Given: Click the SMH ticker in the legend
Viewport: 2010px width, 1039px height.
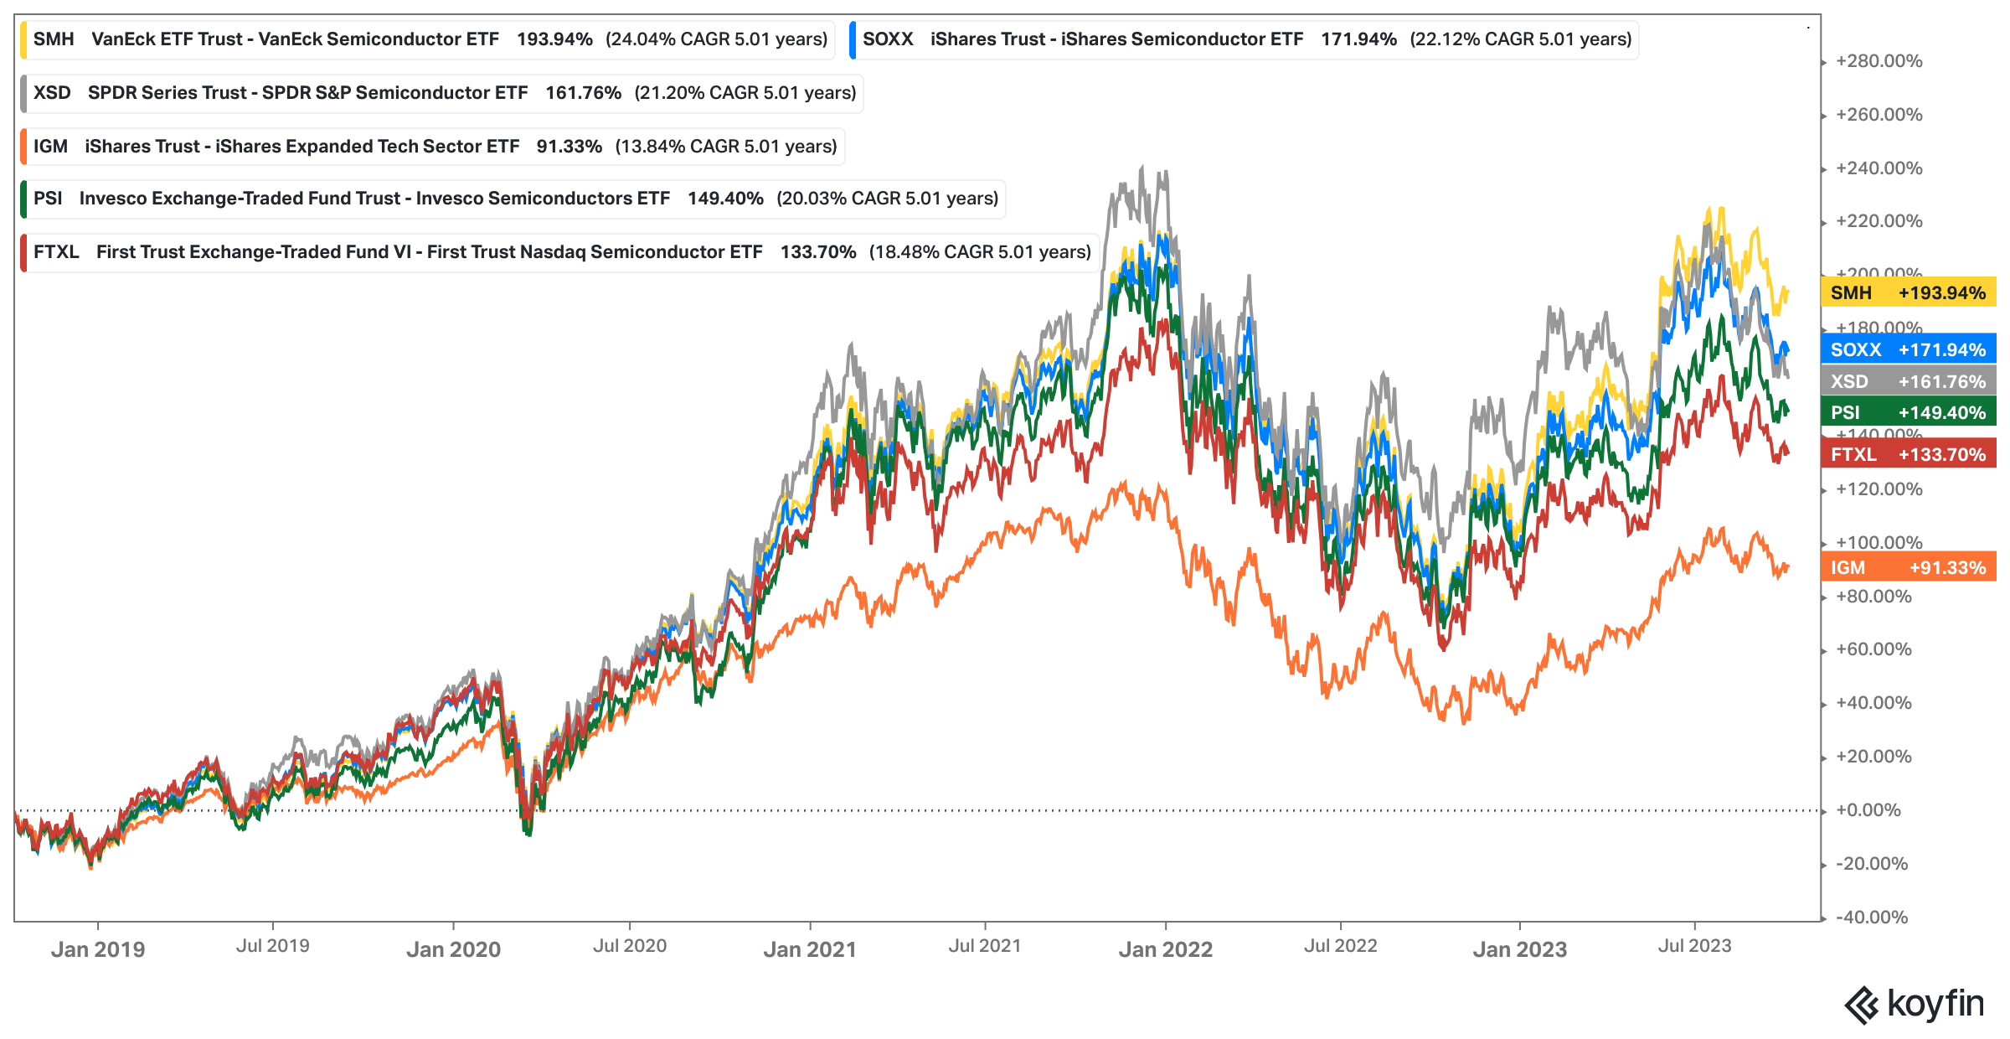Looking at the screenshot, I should click(x=54, y=39).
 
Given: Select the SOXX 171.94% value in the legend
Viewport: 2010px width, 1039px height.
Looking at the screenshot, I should click(x=1358, y=39).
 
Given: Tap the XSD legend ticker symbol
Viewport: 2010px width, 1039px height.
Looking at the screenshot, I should click(x=52, y=93).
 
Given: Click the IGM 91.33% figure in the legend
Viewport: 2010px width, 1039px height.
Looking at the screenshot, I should click(x=569, y=147).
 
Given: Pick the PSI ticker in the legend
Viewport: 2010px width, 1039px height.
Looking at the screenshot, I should click(x=48, y=199).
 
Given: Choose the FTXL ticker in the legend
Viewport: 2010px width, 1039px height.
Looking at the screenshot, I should click(x=56, y=252).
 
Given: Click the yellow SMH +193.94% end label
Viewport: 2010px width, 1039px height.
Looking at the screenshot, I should click(x=1908, y=292).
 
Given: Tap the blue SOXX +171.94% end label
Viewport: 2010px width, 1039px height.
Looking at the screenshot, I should click(x=1908, y=349).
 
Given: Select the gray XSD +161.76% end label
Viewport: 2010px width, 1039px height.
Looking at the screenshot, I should click(x=1908, y=381).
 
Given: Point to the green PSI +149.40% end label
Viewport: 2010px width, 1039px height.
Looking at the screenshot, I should click(x=1908, y=412).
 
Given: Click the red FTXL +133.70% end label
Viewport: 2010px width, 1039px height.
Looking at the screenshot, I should click(x=1908, y=454).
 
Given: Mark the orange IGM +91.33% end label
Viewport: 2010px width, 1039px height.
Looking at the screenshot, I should click(x=1908, y=567).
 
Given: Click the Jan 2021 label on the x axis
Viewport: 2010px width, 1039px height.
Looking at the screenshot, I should click(x=810, y=949).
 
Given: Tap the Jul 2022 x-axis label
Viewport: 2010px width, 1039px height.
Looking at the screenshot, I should click(x=1340, y=946).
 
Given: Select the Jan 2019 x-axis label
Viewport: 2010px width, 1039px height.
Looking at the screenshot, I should click(x=98, y=949).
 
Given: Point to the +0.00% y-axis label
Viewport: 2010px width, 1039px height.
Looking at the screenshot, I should click(x=1868, y=810).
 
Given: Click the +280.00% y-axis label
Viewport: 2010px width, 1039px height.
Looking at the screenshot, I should click(x=1879, y=61).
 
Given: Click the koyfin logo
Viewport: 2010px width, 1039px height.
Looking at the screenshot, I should click(x=1914, y=1004).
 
